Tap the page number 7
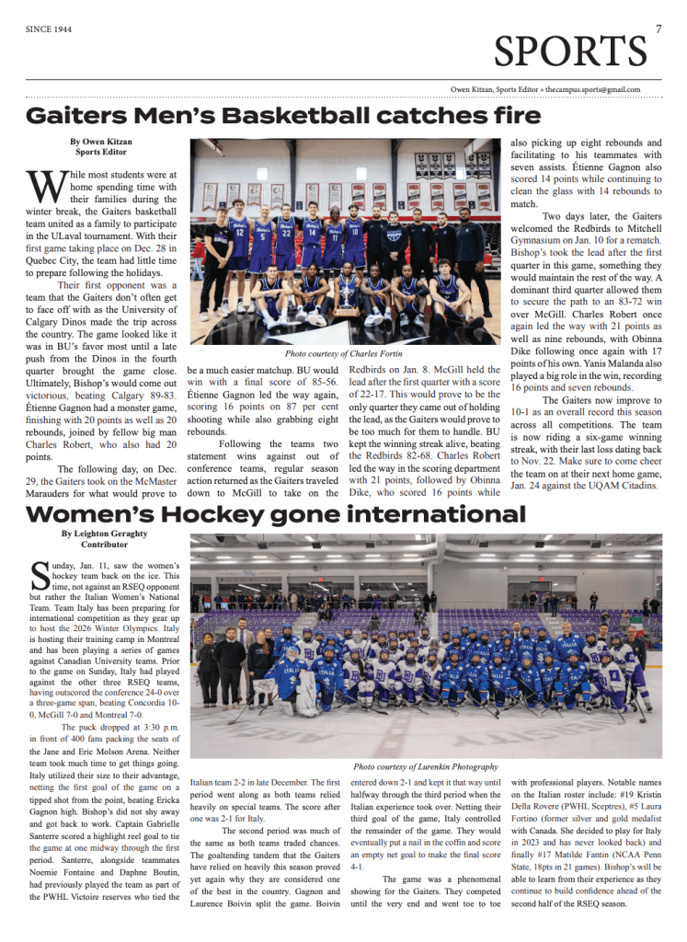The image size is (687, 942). click(658, 29)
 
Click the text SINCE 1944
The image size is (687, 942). click(51, 29)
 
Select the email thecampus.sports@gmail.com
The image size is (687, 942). click(592, 89)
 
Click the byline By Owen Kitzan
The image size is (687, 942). click(101, 142)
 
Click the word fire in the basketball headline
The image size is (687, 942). click(513, 116)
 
